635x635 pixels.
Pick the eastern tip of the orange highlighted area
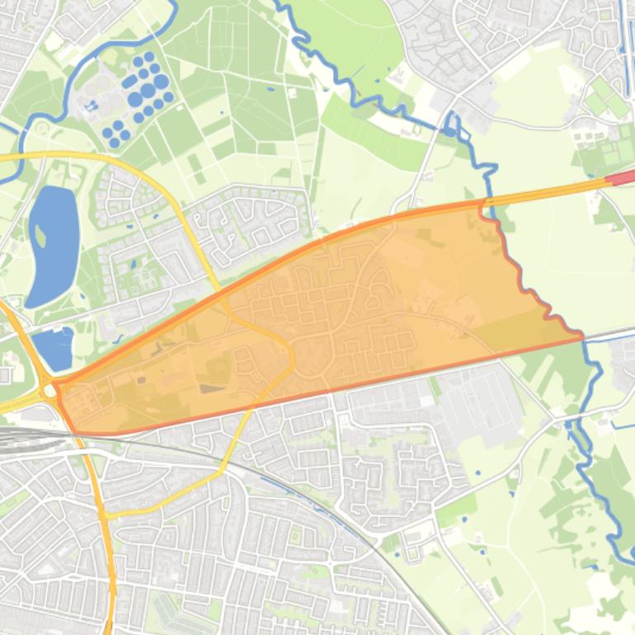(x=581, y=336)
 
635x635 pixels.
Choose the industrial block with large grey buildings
(x=478, y=404)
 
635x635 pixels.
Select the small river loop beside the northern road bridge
(x=450, y=124)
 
